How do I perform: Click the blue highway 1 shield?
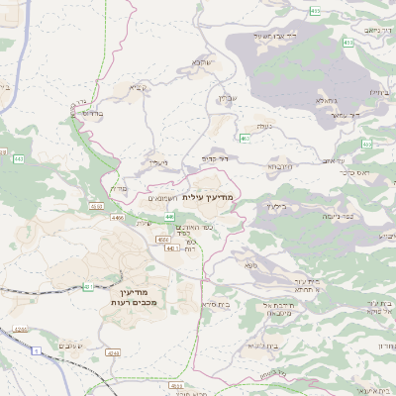[36, 351]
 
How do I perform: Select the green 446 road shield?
[170, 216]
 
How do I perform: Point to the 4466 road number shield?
[120, 217]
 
